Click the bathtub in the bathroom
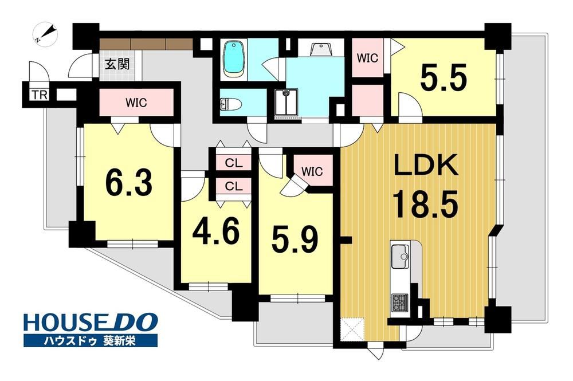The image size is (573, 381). [x=234, y=59]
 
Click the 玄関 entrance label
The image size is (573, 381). [x=117, y=64]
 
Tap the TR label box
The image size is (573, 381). [x=40, y=95]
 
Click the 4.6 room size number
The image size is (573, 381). [x=217, y=231]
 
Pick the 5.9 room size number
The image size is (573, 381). [x=295, y=239]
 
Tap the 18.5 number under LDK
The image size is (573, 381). [x=425, y=205]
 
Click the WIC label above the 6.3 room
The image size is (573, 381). [x=136, y=103]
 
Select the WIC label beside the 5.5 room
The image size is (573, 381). [x=367, y=58]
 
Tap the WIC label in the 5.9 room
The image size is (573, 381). [x=312, y=171]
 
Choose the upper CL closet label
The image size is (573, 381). [x=234, y=163]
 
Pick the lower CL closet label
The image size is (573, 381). [x=234, y=187]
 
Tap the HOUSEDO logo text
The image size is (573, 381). [x=91, y=323]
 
